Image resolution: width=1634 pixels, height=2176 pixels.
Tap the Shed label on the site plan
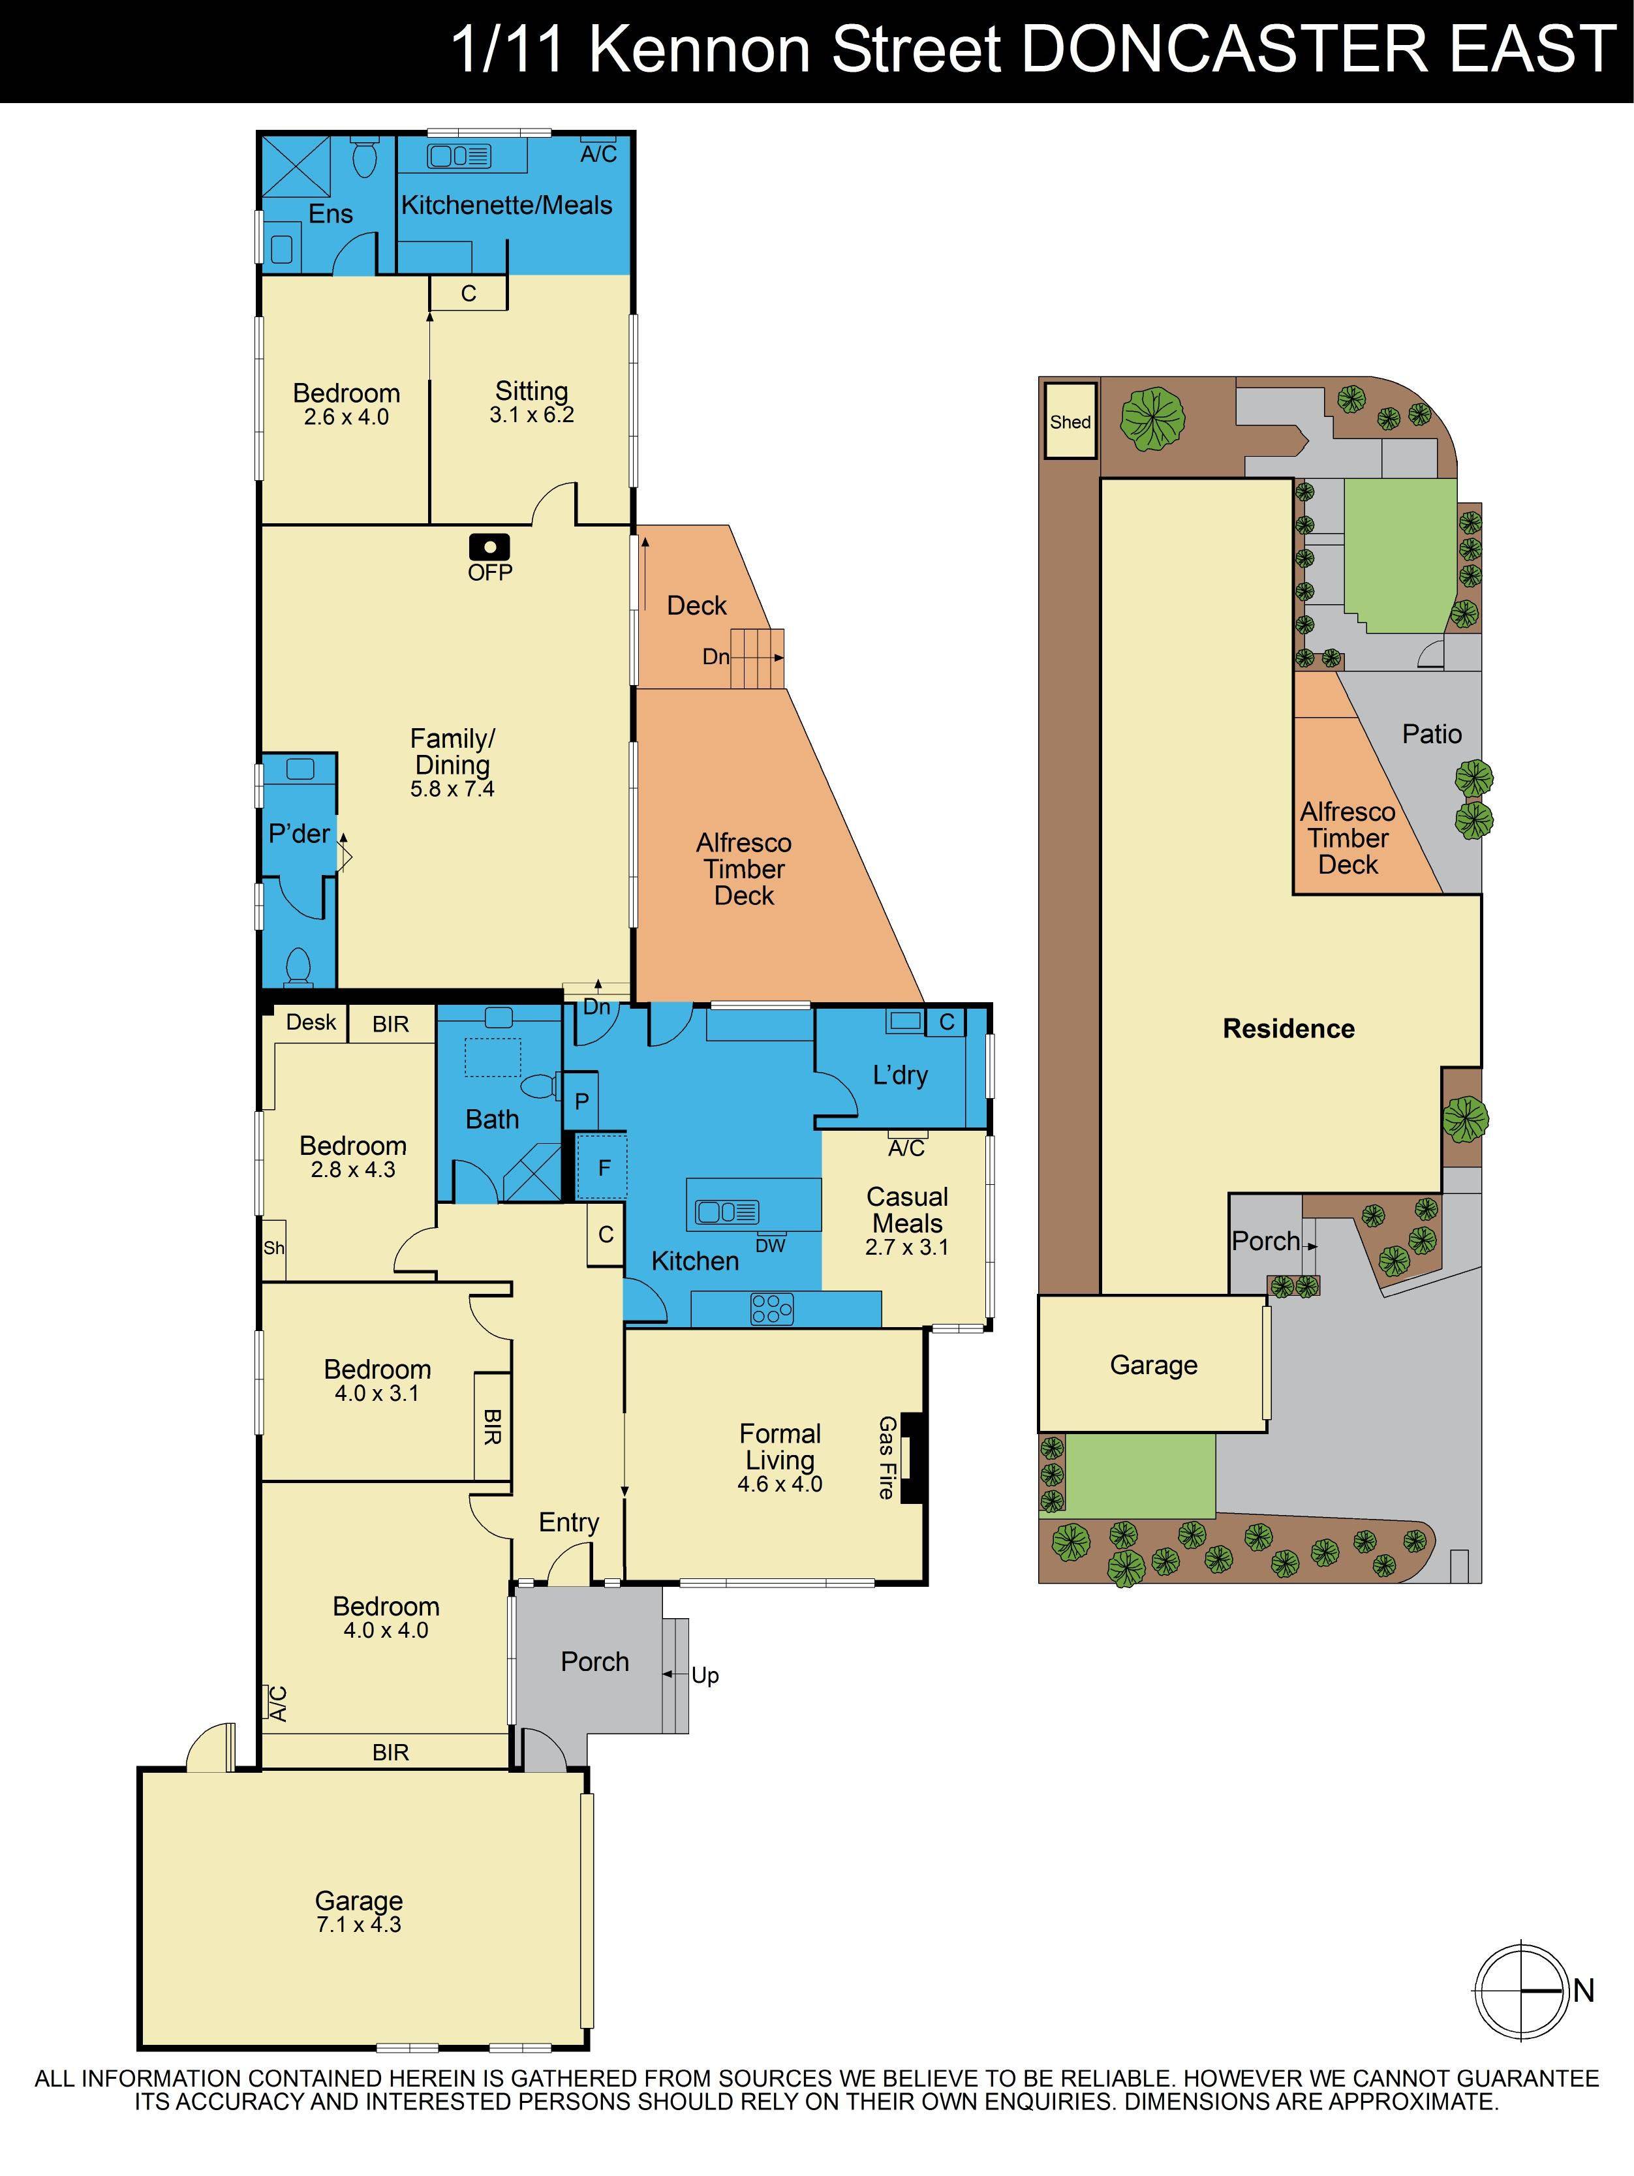click(x=1070, y=422)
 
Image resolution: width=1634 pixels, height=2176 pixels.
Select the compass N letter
click(x=1583, y=1990)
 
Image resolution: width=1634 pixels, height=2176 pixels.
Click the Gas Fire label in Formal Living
click(x=886, y=1457)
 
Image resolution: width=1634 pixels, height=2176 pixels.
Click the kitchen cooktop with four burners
click(x=771, y=1308)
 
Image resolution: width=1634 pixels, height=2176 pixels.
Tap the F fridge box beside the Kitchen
click(x=604, y=1168)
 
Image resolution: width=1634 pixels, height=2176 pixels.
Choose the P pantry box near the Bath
click(x=581, y=1101)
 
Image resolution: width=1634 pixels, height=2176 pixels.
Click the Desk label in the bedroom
click(x=311, y=1022)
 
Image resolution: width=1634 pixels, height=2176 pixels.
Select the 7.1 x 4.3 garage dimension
click(x=358, y=1924)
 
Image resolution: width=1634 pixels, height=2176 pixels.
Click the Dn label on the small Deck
click(x=715, y=656)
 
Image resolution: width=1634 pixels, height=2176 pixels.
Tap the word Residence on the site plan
click(x=1289, y=1028)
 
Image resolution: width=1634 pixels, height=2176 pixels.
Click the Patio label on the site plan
click(x=1431, y=734)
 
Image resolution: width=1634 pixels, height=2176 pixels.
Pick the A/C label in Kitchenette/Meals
click(x=598, y=153)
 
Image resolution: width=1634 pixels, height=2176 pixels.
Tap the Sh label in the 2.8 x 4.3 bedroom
click(x=273, y=1248)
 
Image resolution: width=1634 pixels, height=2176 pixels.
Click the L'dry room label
click(x=900, y=1075)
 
